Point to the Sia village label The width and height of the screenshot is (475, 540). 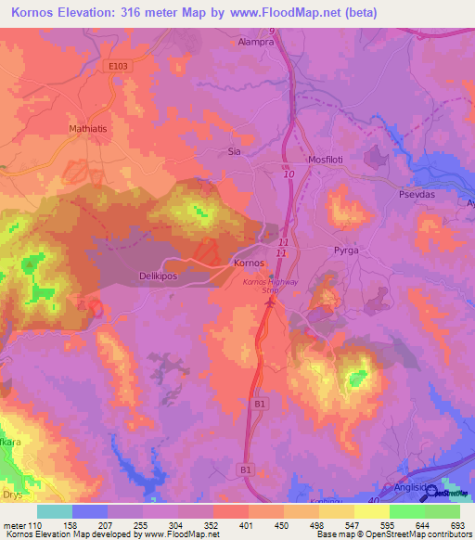click(x=235, y=150)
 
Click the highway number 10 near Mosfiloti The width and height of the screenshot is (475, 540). click(x=289, y=174)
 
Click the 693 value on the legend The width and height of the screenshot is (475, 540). click(x=456, y=524)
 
